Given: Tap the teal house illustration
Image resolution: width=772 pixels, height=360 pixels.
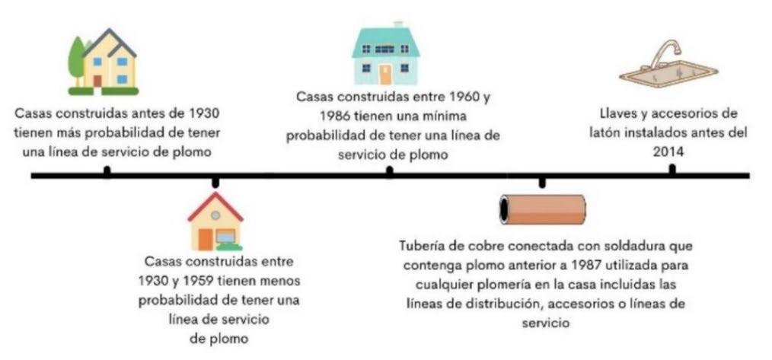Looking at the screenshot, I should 384,55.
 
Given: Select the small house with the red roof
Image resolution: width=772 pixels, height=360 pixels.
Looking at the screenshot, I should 215,222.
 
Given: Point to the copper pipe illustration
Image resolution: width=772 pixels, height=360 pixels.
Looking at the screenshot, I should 542,209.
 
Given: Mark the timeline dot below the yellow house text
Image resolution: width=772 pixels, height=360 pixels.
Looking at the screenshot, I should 106,171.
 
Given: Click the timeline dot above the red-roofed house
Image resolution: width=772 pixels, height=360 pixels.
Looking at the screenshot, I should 215,181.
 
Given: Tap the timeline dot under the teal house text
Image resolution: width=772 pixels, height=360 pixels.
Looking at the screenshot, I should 389,171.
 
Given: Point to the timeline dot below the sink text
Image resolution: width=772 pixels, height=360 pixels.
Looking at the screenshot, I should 671,170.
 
